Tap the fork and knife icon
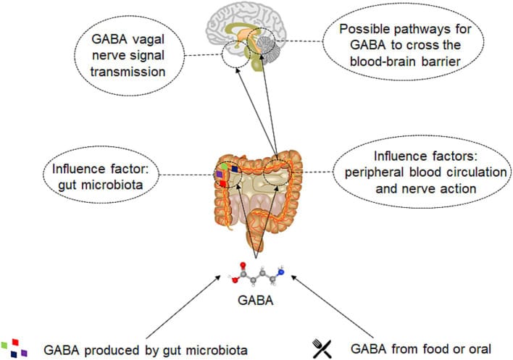point(321,348)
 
